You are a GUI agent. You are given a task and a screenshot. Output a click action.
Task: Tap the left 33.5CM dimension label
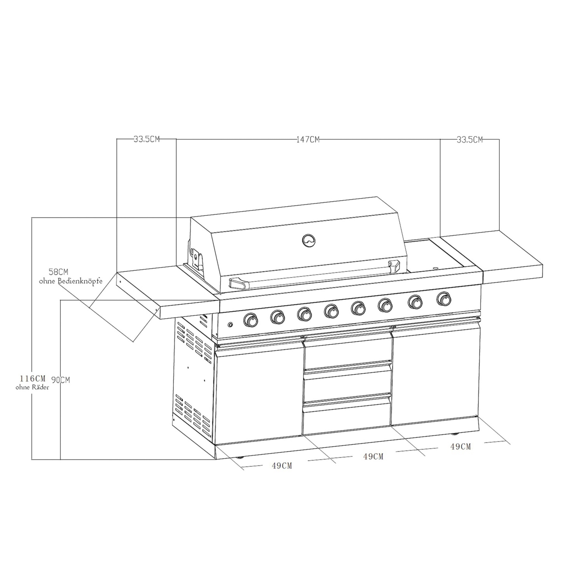(x=147, y=140)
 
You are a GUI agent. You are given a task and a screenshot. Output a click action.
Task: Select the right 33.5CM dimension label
(x=470, y=140)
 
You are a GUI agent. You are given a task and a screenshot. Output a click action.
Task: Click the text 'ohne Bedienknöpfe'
(x=71, y=281)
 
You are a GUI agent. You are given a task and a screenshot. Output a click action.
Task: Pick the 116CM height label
(x=33, y=378)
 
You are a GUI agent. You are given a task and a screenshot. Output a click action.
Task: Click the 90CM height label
(x=61, y=380)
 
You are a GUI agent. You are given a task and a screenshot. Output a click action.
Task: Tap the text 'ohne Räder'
(x=33, y=387)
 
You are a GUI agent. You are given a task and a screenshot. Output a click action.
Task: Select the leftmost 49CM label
(x=282, y=466)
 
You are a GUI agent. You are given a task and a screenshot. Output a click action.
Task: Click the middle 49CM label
(x=373, y=456)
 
